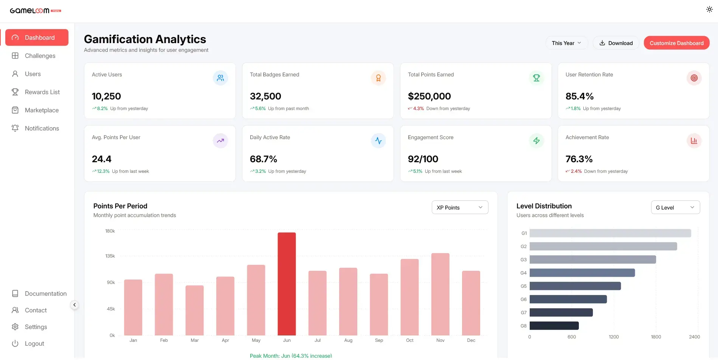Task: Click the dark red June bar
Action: click(x=287, y=284)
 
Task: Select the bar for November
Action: click(x=440, y=294)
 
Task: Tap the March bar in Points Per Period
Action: click(x=194, y=310)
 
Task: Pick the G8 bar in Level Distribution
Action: click(x=554, y=326)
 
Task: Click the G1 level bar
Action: click(x=610, y=233)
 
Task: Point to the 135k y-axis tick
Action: click(x=110, y=256)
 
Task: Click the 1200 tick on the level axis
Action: click(x=614, y=337)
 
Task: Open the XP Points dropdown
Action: click(x=460, y=208)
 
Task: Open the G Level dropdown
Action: click(x=675, y=208)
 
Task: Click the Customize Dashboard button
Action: click(x=676, y=43)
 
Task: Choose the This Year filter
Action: click(x=566, y=43)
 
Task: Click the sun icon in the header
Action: click(x=709, y=9)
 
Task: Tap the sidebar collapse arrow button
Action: click(x=74, y=305)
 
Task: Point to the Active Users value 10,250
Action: click(x=106, y=96)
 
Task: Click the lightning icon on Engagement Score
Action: click(x=536, y=141)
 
